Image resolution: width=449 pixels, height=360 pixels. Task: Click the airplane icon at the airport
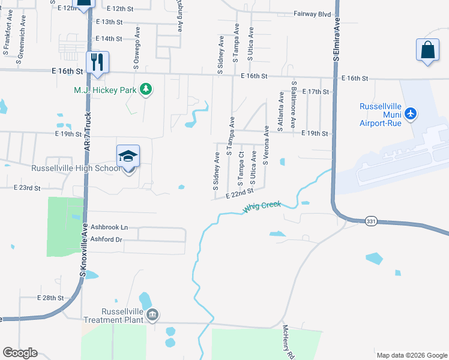tap(411, 113)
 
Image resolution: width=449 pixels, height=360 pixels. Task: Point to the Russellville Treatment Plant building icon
tap(152, 314)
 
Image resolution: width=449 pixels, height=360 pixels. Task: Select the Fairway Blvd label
tap(313, 13)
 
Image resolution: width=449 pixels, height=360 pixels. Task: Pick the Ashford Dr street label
tap(107, 239)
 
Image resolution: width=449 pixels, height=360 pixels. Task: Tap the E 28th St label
tap(50, 298)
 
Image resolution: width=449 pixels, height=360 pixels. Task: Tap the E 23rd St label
tap(26, 188)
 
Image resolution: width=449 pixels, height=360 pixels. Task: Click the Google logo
tap(20, 353)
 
